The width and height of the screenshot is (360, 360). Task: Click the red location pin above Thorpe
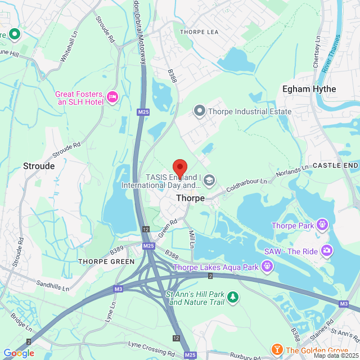coord(179,168)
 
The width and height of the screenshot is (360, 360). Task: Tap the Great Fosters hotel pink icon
coord(112,97)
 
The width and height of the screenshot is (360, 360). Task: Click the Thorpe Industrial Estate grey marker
coord(199,111)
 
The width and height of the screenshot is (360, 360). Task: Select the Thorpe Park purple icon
coord(322,226)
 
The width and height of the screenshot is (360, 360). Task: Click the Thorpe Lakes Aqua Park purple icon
coord(267,267)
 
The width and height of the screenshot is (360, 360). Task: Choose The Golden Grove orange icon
coord(277,350)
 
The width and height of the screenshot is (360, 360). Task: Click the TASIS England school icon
coord(209,180)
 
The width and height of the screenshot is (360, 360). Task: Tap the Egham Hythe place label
coord(309,89)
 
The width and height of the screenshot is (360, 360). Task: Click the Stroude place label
coord(39,166)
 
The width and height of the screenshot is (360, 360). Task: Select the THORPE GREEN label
coord(106,262)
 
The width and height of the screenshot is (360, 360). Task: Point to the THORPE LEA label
coord(199,32)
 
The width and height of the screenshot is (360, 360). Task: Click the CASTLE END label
coord(335,165)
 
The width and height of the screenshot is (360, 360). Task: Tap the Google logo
coord(19,353)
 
